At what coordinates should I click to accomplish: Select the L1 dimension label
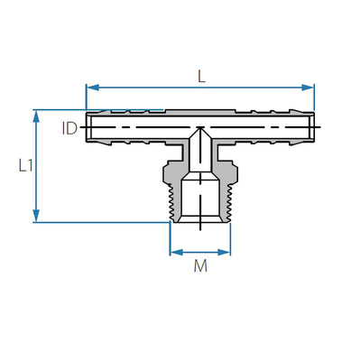coord(21,165)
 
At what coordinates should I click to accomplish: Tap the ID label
coord(69,128)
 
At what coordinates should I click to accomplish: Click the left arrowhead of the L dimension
coord(90,88)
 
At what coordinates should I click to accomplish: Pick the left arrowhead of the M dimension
coord(174,251)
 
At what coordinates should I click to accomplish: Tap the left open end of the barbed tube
coord(88,127)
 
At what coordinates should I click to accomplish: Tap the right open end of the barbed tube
coord(313,127)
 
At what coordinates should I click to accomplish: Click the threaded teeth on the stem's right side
coord(227,203)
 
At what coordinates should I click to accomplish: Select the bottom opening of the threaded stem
coord(200,221)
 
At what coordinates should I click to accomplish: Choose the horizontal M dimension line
coord(200,251)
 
